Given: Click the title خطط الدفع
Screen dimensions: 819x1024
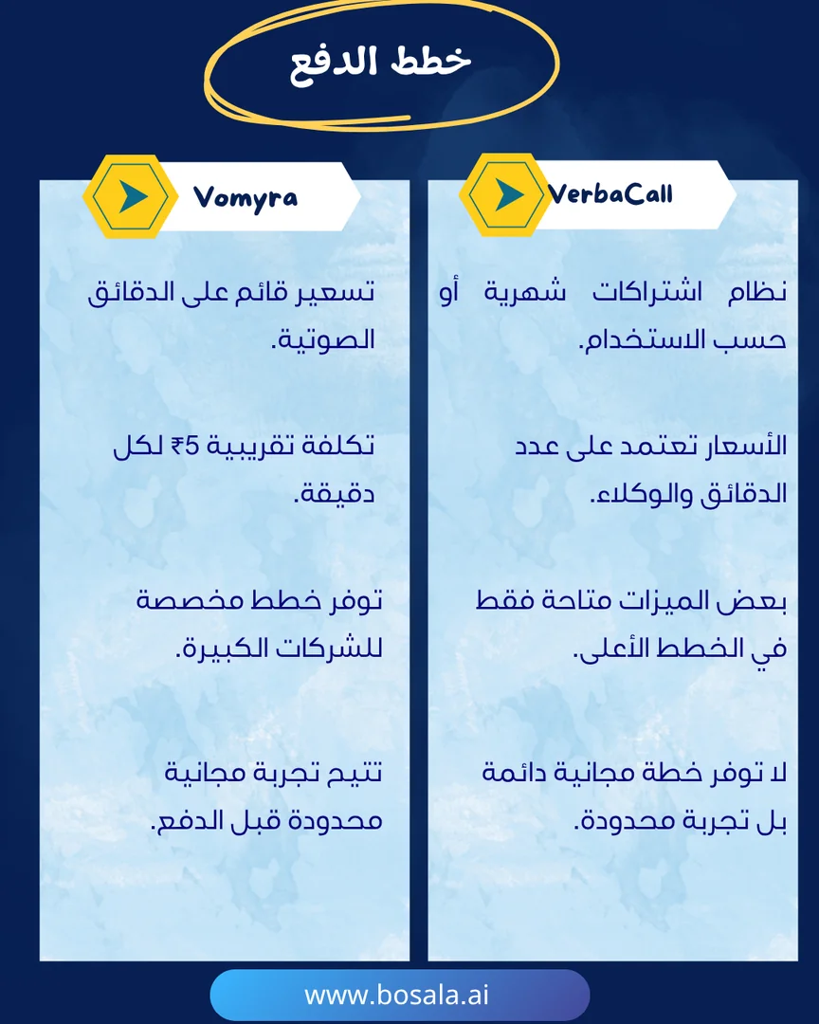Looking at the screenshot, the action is [380, 64].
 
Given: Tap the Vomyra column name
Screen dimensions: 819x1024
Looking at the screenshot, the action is [245, 197].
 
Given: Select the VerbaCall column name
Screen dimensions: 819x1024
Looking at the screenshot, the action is [610, 194].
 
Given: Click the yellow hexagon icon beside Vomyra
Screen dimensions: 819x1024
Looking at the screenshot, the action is [131, 196].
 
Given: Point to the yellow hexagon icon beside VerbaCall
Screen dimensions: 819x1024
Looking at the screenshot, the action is [504, 194].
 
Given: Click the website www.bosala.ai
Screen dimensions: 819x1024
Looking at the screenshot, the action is [396, 995].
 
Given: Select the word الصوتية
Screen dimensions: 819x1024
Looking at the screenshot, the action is [323, 339].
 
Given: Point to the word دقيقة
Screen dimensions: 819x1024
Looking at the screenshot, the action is [334, 494].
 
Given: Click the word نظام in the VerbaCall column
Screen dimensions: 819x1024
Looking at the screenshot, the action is [757, 292].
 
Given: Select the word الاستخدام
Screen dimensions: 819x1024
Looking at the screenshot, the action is [631, 339].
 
